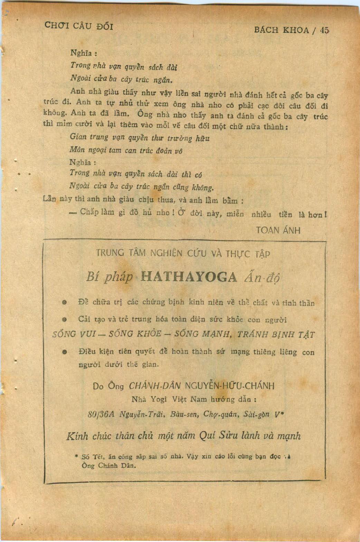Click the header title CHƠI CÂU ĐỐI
[x=79, y=26]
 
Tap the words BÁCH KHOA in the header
[x=281, y=30]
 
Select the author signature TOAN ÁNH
[x=278, y=230]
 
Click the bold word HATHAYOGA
[x=189, y=277]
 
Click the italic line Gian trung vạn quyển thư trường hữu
[x=140, y=138]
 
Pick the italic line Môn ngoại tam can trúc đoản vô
[x=126, y=150]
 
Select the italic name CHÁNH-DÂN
[x=155, y=385]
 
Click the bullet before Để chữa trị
[x=64, y=302]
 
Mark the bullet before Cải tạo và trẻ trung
[x=64, y=319]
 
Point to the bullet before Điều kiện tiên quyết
[x=64, y=352]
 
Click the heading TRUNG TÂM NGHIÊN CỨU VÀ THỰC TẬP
[x=183, y=253]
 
